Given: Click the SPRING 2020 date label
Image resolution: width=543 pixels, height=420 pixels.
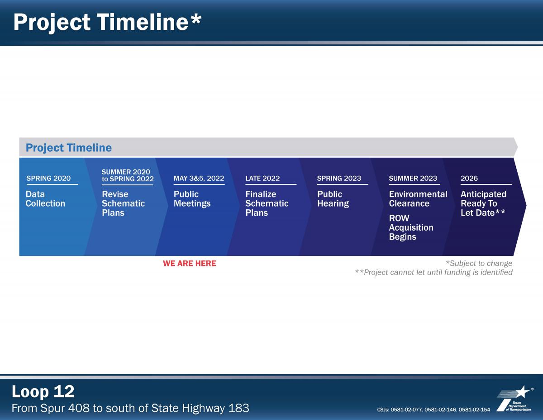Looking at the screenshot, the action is tap(48, 178).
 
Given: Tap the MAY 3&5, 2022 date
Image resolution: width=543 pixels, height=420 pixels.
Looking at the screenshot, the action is tap(199, 178).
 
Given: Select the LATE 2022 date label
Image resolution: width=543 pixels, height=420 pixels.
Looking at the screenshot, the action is tap(262, 178).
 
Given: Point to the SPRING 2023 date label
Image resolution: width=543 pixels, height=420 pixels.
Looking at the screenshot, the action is tap(339, 178).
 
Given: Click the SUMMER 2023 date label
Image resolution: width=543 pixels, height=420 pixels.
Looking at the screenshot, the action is tap(413, 178).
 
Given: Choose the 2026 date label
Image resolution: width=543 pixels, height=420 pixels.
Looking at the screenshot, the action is tap(469, 178).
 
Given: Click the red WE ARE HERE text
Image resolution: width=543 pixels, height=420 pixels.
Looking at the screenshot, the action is tap(190, 263).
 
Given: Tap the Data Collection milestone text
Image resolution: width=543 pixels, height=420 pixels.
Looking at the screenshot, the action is tap(45, 198).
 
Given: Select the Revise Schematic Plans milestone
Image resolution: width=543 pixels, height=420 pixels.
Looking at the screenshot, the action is tap(123, 203).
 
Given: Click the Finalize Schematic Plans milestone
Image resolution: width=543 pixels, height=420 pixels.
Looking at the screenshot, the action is tap(267, 203).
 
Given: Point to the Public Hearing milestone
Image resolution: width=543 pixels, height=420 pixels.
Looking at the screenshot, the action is tap(333, 198).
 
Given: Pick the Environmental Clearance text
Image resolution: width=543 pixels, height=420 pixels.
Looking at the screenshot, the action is tap(418, 198).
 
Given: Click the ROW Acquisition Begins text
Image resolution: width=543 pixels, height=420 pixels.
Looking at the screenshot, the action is tap(411, 227).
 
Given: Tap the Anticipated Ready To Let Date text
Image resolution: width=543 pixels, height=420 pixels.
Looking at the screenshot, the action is tap(483, 203).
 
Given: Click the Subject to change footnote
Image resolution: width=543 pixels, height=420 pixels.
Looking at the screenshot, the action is tap(479, 263).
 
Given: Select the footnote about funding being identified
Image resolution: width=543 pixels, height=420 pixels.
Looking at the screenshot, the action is tap(433, 272).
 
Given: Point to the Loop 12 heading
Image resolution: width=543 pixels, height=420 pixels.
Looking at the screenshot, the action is tap(43, 391).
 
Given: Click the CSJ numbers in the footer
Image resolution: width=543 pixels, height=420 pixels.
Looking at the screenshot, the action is tap(433, 410).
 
